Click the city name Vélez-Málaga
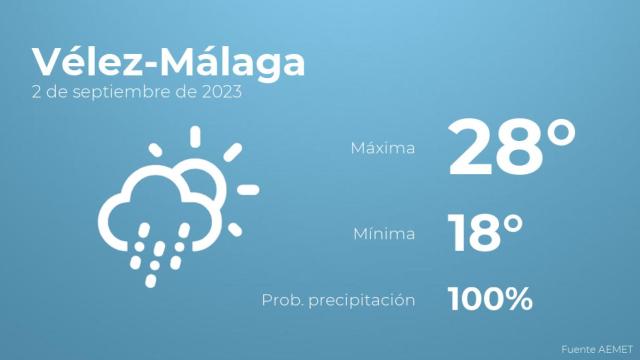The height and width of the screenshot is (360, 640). tap(168, 62)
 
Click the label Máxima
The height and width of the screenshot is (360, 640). tap(383, 149)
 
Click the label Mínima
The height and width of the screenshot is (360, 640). tap(383, 234)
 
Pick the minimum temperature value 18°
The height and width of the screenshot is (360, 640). tap(486, 233)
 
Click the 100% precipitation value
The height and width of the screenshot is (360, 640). tap(490, 298)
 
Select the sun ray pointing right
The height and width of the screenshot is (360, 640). tap(248, 189)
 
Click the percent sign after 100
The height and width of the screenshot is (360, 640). tap(516, 298)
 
